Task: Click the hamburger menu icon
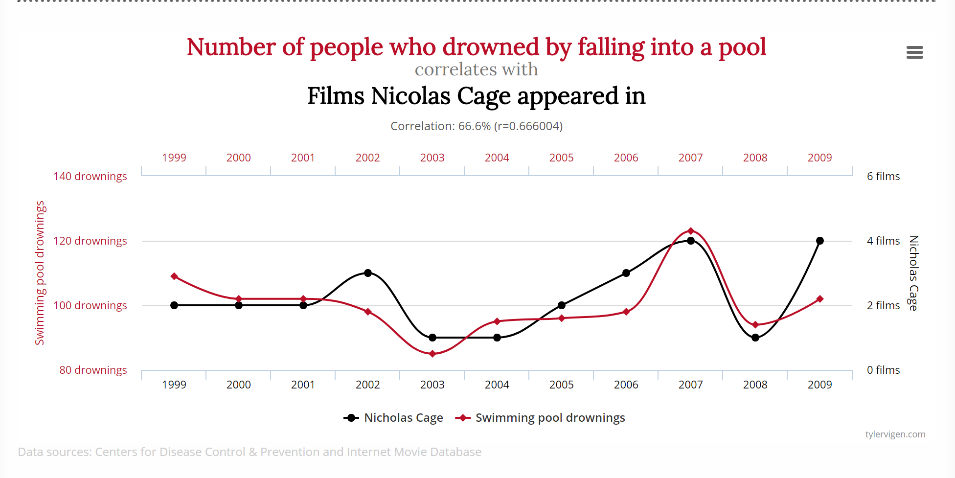(x=914, y=52)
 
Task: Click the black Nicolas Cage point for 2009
(x=820, y=241)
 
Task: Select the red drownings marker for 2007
(x=691, y=231)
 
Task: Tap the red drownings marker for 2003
(x=432, y=354)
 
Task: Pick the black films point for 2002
(x=368, y=273)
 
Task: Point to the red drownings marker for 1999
(x=174, y=276)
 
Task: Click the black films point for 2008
(x=755, y=338)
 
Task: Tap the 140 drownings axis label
(x=90, y=176)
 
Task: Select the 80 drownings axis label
(x=93, y=370)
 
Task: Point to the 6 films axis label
(x=883, y=176)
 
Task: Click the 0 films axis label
(x=883, y=370)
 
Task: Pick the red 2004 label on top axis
(x=497, y=158)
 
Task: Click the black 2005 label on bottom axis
(x=561, y=385)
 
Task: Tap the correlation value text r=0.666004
(x=528, y=126)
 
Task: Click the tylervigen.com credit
(x=895, y=434)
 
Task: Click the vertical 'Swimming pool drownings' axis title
(x=40, y=273)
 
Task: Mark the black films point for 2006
(x=626, y=273)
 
